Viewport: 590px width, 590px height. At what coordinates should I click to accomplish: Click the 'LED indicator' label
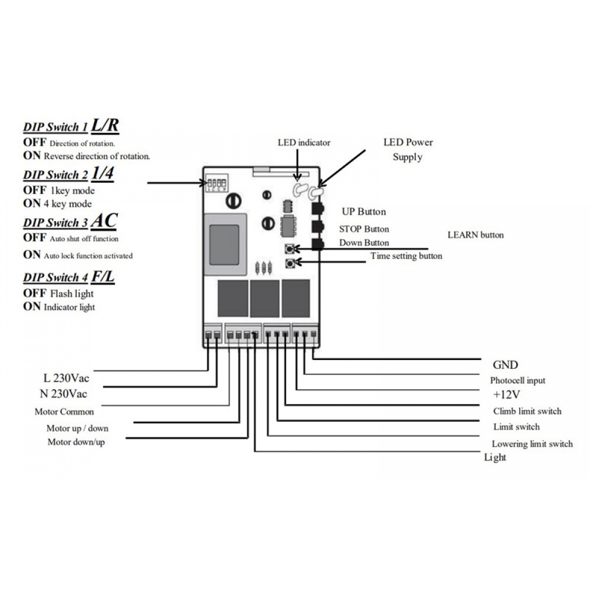click(x=304, y=143)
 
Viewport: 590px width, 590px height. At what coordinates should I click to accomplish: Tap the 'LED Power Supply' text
click(x=408, y=149)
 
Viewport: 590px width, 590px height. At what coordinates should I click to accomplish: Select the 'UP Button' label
click(x=364, y=212)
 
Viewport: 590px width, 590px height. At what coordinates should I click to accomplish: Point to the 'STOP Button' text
click(x=364, y=229)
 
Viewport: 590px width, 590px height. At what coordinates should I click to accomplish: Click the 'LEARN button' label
click(x=476, y=235)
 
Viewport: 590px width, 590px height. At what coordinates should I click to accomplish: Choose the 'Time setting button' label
click(x=406, y=256)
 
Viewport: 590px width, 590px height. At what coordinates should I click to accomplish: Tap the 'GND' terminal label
click(x=505, y=365)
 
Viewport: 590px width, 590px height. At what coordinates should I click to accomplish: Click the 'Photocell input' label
click(x=517, y=381)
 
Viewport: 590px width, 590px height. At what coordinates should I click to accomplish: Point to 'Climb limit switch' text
click(x=527, y=411)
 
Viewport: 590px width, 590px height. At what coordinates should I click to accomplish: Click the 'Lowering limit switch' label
click(x=532, y=444)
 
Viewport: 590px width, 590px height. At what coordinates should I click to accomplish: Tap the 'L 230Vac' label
click(x=66, y=378)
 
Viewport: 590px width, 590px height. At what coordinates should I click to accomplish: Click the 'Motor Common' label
click(x=64, y=411)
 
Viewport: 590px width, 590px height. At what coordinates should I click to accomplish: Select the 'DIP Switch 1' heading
click(x=55, y=127)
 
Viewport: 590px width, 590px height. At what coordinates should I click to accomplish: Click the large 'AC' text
click(x=104, y=221)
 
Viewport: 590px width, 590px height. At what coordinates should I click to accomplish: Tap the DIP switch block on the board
click(x=217, y=185)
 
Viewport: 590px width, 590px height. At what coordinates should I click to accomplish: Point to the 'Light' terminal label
click(x=495, y=457)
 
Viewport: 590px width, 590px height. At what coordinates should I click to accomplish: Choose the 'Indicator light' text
click(x=69, y=307)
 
